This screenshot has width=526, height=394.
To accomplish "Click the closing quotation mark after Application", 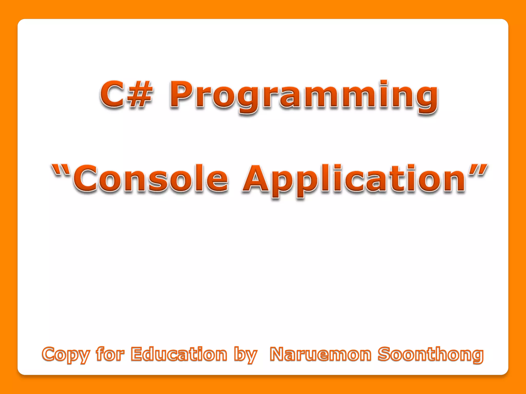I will pos(477,170).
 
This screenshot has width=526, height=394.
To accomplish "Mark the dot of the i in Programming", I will pos(384,83).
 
